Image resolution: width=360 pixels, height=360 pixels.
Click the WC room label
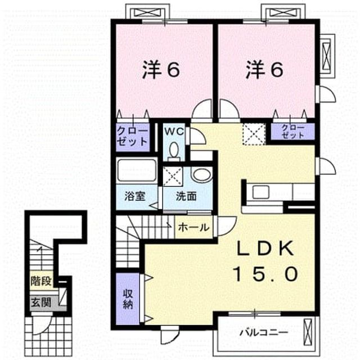174,132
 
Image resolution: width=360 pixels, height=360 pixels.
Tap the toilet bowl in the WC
174,151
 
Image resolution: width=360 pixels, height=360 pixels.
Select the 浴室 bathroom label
134,196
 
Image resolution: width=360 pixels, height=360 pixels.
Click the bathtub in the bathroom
137,170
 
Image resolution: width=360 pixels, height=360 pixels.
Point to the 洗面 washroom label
186,196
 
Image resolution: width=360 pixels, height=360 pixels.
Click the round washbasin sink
201,174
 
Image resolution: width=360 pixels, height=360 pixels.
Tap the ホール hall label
193,227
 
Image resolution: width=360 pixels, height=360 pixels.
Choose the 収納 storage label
128,299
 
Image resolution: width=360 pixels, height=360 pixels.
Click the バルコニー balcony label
264,332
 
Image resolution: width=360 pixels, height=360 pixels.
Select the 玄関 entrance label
41,302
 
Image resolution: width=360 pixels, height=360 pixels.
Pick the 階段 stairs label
41,281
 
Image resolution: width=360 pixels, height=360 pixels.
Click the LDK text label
265,249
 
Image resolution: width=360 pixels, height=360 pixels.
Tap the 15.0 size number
266,274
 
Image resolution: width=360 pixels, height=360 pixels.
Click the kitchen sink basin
260,192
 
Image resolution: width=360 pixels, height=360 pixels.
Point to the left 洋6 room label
161,70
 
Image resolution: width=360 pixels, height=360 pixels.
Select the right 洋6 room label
264,70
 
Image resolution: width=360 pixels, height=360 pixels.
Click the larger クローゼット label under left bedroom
133,137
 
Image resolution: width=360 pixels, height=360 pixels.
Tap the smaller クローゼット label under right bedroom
292,132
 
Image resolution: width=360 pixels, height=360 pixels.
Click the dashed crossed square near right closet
254,134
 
